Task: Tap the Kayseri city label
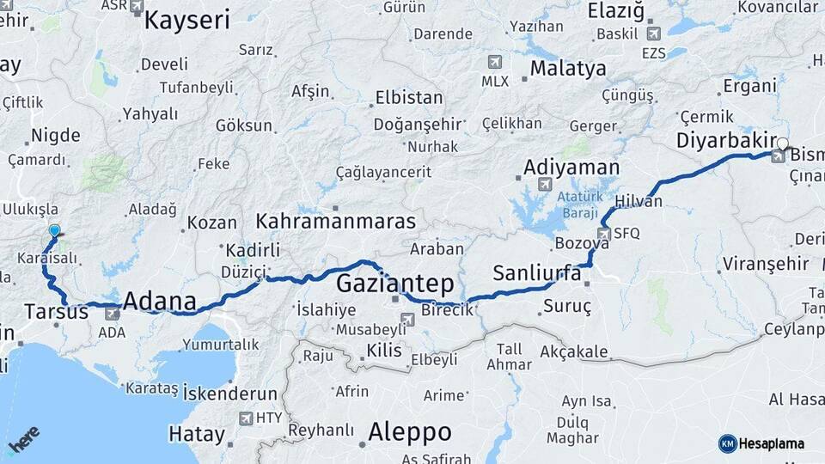click(186, 20)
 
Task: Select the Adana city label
click(159, 301)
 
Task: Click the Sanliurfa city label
click(537, 273)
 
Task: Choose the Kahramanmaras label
click(335, 221)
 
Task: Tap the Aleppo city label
click(409, 431)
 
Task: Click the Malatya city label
click(567, 68)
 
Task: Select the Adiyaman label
click(571, 167)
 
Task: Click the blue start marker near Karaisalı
click(55, 230)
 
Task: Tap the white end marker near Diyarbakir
click(782, 143)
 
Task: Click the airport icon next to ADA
click(113, 314)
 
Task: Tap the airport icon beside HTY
click(247, 418)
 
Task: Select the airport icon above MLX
click(494, 62)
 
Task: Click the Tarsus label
click(56, 312)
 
